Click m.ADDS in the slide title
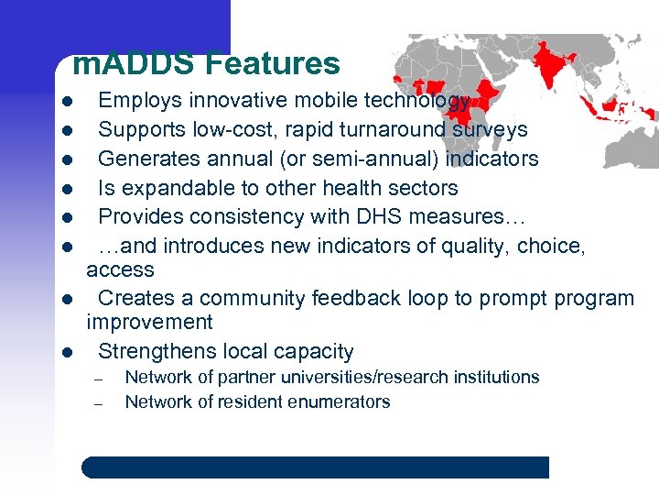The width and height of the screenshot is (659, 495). point(135,63)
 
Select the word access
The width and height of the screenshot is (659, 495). point(120,269)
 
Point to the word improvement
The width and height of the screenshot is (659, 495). point(149,323)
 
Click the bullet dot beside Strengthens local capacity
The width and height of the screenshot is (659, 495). point(67,352)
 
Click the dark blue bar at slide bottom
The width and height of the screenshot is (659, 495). point(315,467)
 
